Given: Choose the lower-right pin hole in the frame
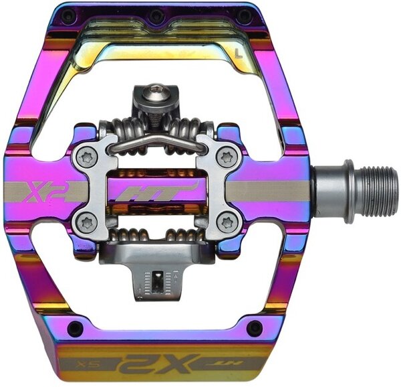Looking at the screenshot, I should [x=254, y=328].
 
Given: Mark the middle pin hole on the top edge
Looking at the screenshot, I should [x=157, y=15].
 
